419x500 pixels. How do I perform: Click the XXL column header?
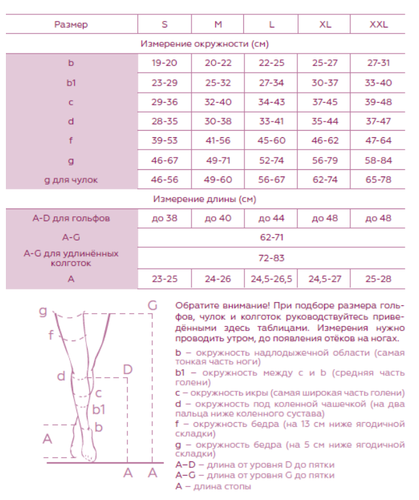pyautogui.click(x=378, y=24)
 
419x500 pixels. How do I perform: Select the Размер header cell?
pyautogui.click(x=71, y=24)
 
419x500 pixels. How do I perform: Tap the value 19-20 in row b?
pyautogui.click(x=164, y=63)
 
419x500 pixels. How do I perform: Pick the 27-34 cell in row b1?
pyautogui.click(x=271, y=83)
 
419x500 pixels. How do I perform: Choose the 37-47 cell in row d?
pyautogui.click(x=378, y=122)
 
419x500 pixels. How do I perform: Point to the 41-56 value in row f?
pyautogui.click(x=218, y=141)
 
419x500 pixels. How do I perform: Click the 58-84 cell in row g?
pyautogui.click(x=378, y=160)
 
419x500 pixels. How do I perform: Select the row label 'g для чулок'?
pyautogui.click(x=71, y=180)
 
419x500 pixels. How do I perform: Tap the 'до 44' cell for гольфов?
pyautogui.click(x=271, y=218)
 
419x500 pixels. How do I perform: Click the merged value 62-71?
pyautogui.click(x=271, y=237)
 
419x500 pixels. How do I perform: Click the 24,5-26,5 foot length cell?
pyautogui.click(x=271, y=279)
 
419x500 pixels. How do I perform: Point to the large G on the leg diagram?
pyautogui.click(x=152, y=305)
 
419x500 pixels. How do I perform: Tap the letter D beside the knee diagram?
pyautogui.click(x=127, y=370)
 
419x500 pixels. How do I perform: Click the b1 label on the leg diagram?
pyautogui.click(x=99, y=410)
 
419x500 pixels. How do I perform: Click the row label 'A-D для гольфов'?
pyautogui.click(x=71, y=218)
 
